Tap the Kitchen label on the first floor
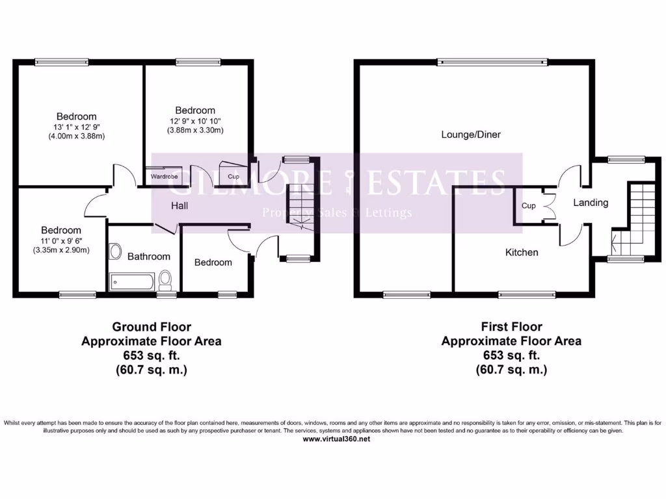click(x=522, y=252)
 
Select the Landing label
click(x=591, y=203)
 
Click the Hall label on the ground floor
click(x=180, y=206)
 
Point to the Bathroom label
click(x=148, y=257)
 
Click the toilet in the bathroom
click(x=165, y=279)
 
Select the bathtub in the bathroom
click(x=132, y=281)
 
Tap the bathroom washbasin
click(x=115, y=251)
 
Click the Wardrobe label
click(x=164, y=176)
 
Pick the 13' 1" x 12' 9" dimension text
click(x=75, y=127)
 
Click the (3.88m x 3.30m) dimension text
click(x=195, y=130)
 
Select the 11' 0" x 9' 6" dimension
click(x=61, y=240)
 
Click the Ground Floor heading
click(x=152, y=327)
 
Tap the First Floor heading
click(x=511, y=327)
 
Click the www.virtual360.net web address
click(x=337, y=439)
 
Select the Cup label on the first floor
click(x=528, y=206)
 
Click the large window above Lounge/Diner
click(x=492, y=63)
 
